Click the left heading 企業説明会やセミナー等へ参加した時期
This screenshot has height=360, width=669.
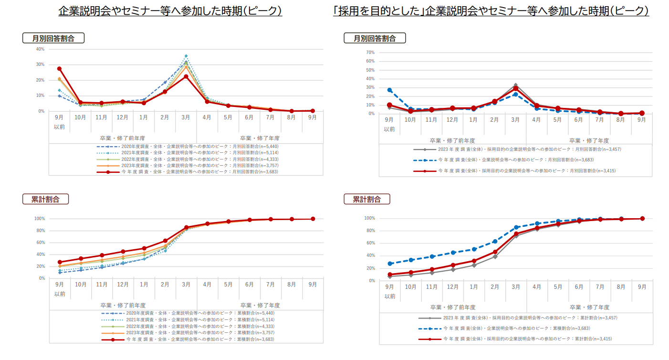[x=170, y=11]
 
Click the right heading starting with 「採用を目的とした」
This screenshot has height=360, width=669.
[x=491, y=11]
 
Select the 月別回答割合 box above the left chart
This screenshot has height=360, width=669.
[x=53, y=38]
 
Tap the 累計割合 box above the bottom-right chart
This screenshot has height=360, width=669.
[x=366, y=199]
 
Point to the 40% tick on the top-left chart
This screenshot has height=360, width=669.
[x=40, y=49]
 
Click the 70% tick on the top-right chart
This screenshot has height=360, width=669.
[x=370, y=52]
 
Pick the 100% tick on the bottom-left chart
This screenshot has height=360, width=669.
[x=39, y=219]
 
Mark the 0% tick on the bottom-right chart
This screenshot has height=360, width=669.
[x=371, y=280]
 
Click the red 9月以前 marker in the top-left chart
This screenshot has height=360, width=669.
[x=60, y=69]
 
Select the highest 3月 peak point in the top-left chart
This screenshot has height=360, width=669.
[x=186, y=56]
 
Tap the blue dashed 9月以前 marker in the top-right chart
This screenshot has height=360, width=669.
[x=390, y=90]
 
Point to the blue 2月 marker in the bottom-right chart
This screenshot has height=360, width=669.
[x=495, y=241]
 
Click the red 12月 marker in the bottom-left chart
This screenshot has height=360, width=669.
[x=123, y=252]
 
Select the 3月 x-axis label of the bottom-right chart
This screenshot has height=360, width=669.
[x=516, y=287]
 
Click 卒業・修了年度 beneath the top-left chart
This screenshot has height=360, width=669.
[x=260, y=138]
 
